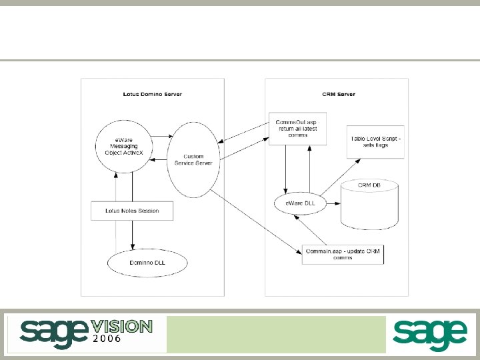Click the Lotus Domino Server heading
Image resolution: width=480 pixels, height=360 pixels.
152,94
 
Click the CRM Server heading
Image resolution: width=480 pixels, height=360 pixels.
338,94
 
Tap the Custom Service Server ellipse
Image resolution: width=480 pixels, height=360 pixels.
194,161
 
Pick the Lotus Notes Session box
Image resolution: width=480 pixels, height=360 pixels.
132,211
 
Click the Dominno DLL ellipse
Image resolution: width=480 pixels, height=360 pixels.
147,263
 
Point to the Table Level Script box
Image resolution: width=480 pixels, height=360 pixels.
376,141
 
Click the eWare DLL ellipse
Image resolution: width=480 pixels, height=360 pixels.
299,203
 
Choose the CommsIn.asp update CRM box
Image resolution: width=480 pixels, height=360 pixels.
343,254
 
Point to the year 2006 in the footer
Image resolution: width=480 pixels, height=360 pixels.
107,339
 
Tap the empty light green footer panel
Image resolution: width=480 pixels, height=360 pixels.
276,334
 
